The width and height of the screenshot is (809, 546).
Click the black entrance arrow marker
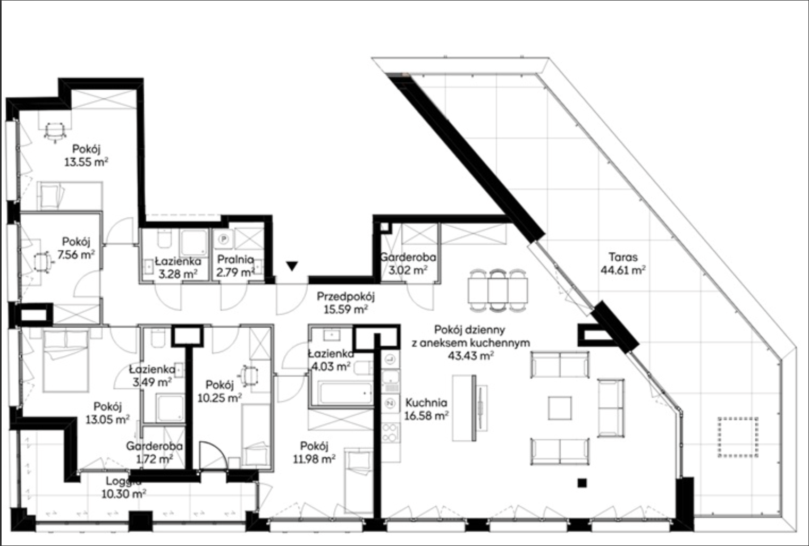click(292, 266)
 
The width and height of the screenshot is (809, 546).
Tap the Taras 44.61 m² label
click(623, 263)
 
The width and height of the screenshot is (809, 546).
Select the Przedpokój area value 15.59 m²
click(345, 309)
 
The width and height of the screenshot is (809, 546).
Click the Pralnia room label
click(235, 259)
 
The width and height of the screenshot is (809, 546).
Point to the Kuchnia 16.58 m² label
click(426, 409)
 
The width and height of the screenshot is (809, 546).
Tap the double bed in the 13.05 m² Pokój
click(66, 361)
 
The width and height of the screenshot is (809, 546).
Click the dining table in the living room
click(498, 290)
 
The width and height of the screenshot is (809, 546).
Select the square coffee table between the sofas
click(560, 408)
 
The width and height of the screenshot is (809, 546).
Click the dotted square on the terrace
click(738, 437)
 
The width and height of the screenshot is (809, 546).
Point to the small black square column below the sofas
click(582, 483)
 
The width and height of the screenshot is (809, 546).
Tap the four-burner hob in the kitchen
click(391, 433)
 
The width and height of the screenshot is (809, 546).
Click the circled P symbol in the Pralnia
click(224, 239)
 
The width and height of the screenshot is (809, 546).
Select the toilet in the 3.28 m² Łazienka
click(164, 239)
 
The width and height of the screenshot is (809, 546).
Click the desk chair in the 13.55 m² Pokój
click(55, 132)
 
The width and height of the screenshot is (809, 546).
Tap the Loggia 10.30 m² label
click(123, 487)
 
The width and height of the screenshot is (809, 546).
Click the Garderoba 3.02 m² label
click(408, 263)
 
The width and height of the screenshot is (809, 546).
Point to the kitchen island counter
click(464, 408)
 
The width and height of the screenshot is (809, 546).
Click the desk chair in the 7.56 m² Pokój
click(43, 262)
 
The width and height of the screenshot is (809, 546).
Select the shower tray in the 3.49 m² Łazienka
click(170, 408)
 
